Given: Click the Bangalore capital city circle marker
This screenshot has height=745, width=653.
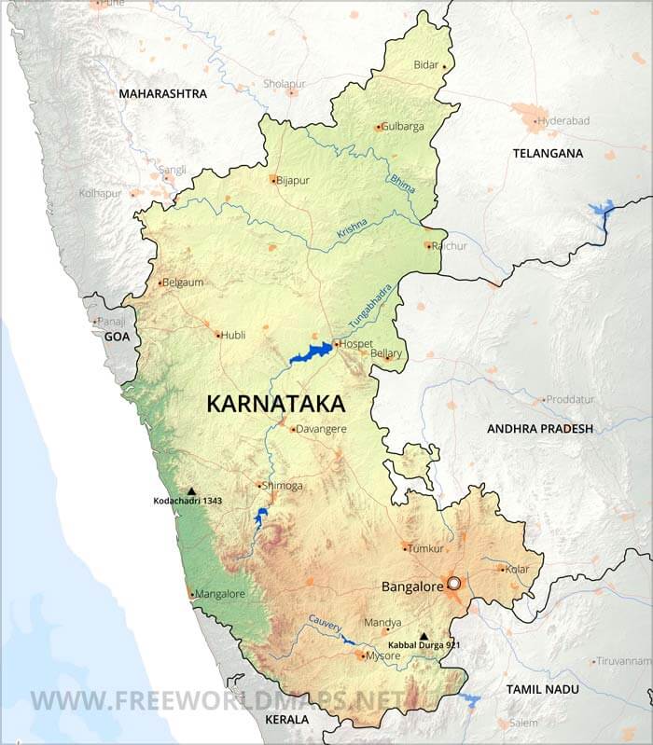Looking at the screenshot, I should coord(454,584).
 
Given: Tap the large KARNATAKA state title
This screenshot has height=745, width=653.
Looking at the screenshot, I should coord(274,404).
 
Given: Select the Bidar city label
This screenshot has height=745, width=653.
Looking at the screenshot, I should coord(425,66).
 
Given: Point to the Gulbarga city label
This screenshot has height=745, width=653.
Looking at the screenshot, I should coord(404,127).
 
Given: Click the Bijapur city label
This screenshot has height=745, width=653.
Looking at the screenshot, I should coord(293,180).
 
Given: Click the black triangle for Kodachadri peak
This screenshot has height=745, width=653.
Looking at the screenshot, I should coord(191,490).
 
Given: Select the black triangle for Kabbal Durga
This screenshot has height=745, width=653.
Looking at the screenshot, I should coord(424,636).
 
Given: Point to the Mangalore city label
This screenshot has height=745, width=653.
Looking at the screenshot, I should coord(221,594).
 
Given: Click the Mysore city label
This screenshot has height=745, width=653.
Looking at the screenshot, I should coord(383,656).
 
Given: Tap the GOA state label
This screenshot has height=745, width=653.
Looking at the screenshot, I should coord(117,336).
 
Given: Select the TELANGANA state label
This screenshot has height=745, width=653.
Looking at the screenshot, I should coord(548,153).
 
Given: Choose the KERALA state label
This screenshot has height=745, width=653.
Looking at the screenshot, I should coord(285,721).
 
